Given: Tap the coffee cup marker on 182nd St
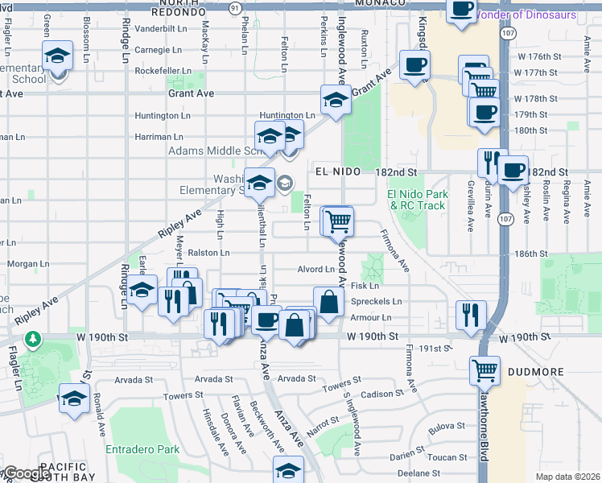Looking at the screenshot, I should [x=513, y=171].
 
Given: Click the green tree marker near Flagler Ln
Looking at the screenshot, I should [x=33, y=340].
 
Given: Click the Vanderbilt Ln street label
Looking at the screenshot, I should [x=161, y=28].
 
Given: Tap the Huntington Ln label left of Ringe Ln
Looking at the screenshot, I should [x=163, y=115].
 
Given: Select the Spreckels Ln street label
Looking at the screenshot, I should [x=376, y=301].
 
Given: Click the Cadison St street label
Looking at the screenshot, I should [x=381, y=394].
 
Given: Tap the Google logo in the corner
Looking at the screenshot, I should [x=26, y=474].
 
